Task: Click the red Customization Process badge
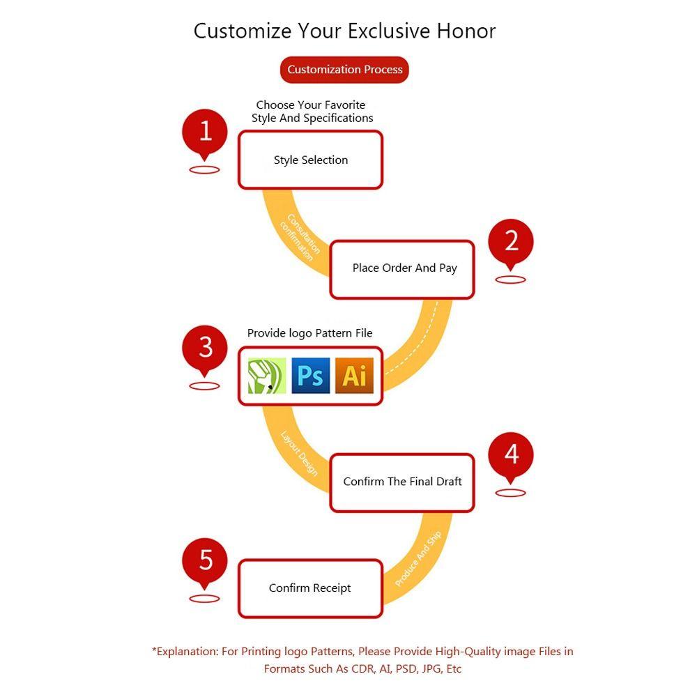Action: [x=344, y=69]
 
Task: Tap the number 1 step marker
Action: [x=204, y=132]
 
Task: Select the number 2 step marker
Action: [x=511, y=243]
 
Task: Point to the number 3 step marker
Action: [x=204, y=349]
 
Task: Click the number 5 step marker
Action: [x=204, y=562]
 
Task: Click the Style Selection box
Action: [x=310, y=160]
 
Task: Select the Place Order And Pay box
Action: [x=402, y=269]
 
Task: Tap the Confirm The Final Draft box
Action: [x=402, y=483]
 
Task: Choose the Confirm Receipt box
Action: [x=310, y=588]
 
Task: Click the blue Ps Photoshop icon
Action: [x=311, y=376]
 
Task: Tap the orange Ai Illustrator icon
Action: [x=354, y=376]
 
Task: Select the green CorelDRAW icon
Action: [x=267, y=376]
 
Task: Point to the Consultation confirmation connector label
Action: [x=300, y=237]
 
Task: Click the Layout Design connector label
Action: [x=300, y=453]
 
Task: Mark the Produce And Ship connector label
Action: [x=418, y=558]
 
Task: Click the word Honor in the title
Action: [x=466, y=31]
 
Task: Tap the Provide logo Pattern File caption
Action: [x=310, y=333]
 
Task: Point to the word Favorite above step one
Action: [x=345, y=105]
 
